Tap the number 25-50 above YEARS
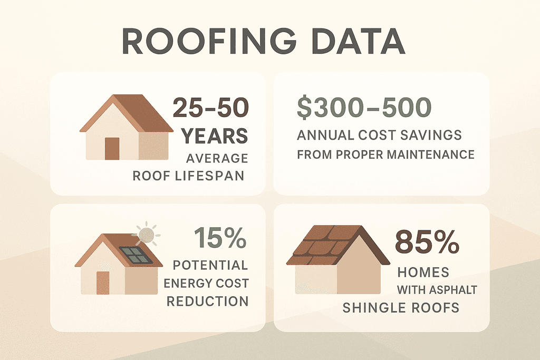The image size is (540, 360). click(x=210, y=109)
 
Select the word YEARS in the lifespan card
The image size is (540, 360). click(x=215, y=136)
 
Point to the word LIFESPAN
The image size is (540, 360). click(x=217, y=176)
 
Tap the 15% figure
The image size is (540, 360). click(x=220, y=238)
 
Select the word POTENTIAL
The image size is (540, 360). click(x=210, y=265)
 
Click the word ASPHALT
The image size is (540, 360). click(x=454, y=289)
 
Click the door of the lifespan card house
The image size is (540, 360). click(x=112, y=148)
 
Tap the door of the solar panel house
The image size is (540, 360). click(x=102, y=283)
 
